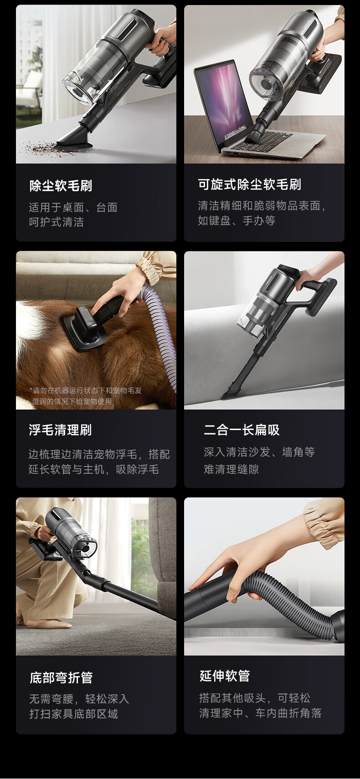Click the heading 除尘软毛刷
click(x=61, y=186)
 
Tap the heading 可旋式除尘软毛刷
click(x=249, y=184)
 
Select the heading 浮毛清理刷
click(x=60, y=430)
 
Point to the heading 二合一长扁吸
click(x=242, y=430)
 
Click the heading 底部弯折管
click(x=61, y=677)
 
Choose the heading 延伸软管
click(x=225, y=676)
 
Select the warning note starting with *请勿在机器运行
click(x=86, y=396)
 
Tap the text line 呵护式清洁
click(x=57, y=222)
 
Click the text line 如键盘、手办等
click(x=237, y=220)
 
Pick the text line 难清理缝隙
click(x=231, y=469)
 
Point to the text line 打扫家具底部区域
click(x=74, y=714)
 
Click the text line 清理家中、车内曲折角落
click(x=261, y=713)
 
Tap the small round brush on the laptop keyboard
click(x=253, y=136)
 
